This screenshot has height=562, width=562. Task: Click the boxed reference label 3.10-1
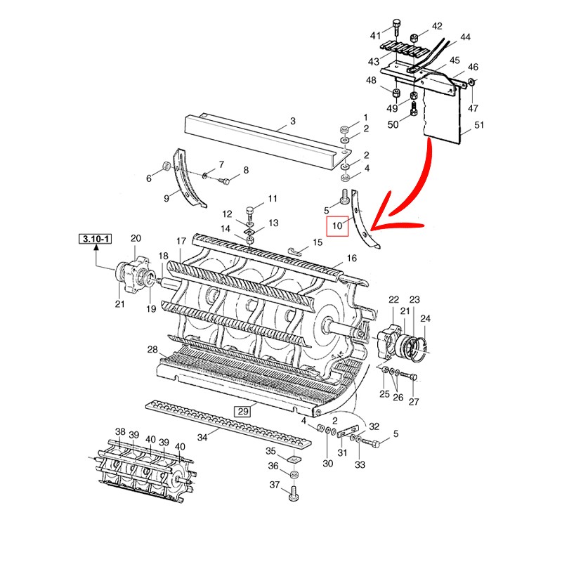(96, 240)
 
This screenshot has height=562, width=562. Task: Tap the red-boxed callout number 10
(338, 226)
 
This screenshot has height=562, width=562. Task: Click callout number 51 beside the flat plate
(480, 126)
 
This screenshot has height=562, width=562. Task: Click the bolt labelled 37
(294, 496)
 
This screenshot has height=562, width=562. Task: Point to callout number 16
(352, 259)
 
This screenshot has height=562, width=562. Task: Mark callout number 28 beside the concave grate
(152, 350)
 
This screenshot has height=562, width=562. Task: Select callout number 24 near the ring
(426, 318)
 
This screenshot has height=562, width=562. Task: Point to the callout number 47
(472, 108)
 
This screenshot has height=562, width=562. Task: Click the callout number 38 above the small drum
(120, 431)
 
